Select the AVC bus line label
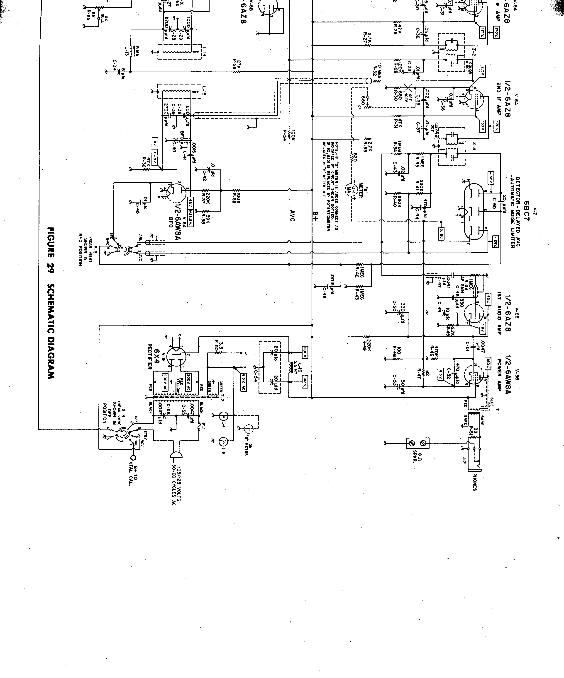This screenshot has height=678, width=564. point(293,215)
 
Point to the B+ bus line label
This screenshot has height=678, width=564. point(315,215)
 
